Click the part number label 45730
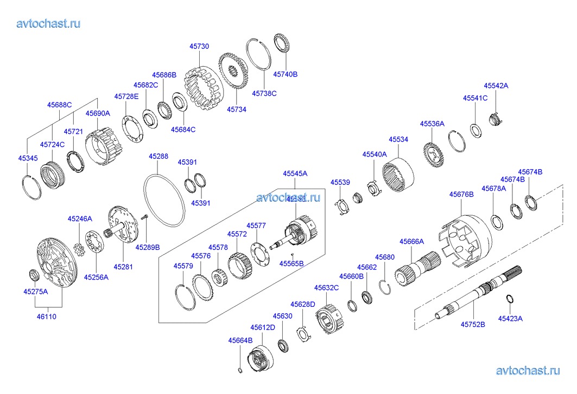[199, 47]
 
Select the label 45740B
[285, 74]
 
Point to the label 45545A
[295, 173]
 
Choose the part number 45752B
[473, 324]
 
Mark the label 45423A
[510, 318]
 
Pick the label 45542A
[496, 86]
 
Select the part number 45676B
[461, 193]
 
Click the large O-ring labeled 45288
[164, 200]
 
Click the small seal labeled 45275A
[33, 274]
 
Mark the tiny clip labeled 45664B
[240, 370]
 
